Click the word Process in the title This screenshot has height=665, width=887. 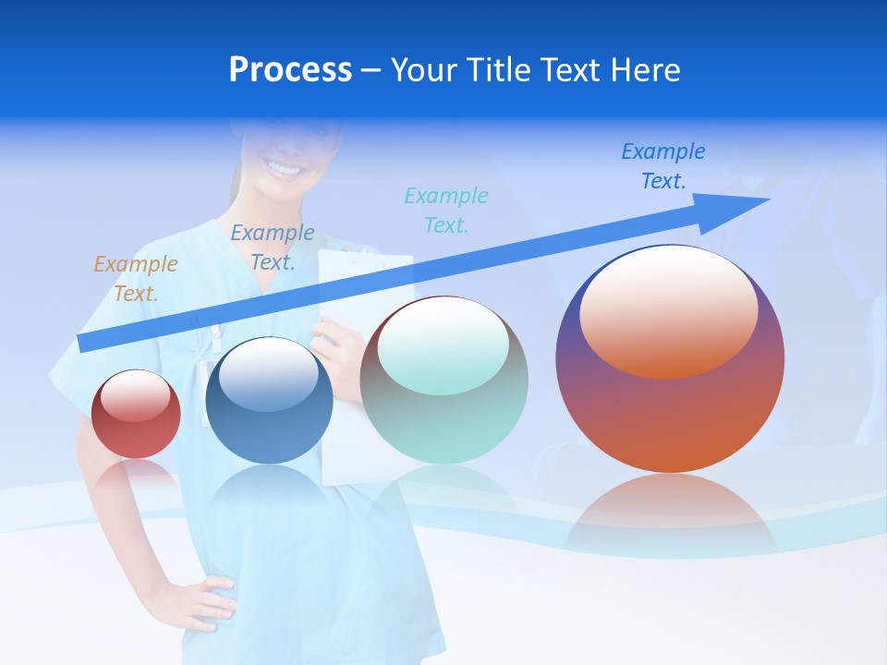pyautogui.click(x=290, y=70)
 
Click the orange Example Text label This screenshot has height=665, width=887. pyautogui.click(x=135, y=278)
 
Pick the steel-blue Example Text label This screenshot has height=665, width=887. pyautogui.click(x=273, y=247)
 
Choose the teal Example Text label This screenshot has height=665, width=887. pyautogui.click(x=446, y=210)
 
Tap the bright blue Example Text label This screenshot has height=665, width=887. pyautogui.click(x=663, y=166)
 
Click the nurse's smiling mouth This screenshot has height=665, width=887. pyautogui.click(x=285, y=169)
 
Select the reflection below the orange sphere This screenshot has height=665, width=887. pyautogui.click(x=670, y=513)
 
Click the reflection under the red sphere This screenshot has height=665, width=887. pyautogui.click(x=136, y=476)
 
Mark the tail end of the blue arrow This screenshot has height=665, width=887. pyautogui.click(x=83, y=343)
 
